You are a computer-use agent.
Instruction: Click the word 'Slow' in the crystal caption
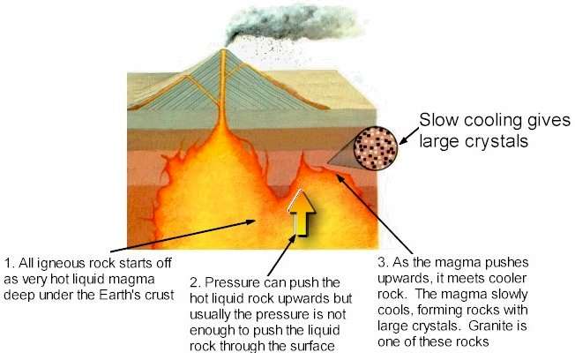pos(438,120)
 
